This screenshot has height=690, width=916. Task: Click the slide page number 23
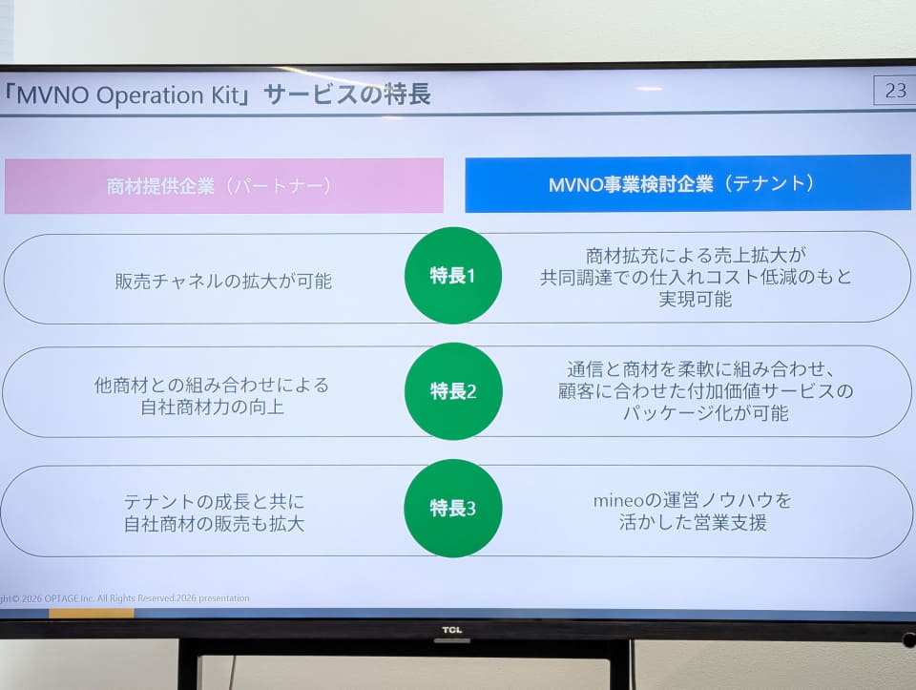pyautogui.click(x=895, y=91)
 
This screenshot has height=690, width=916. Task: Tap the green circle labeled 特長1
pyautogui.click(x=452, y=275)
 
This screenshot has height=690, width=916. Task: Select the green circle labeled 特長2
pyautogui.click(x=453, y=391)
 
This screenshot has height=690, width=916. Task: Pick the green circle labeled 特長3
pyautogui.click(x=452, y=508)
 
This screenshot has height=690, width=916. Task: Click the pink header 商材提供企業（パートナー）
pyautogui.click(x=223, y=186)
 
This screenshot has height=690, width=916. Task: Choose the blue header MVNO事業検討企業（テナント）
pyautogui.click(x=688, y=183)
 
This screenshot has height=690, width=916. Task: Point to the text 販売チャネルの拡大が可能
pyautogui.click(x=223, y=281)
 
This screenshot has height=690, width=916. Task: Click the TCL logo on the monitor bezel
pyautogui.click(x=451, y=630)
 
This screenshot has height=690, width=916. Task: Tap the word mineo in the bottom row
pyautogui.click(x=618, y=501)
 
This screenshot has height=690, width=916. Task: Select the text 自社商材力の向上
pyautogui.click(x=213, y=407)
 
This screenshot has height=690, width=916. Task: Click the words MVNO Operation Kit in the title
pyautogui.click(x=128, y=95)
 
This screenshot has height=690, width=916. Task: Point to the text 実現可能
pyautogui.click(x=696, y=299)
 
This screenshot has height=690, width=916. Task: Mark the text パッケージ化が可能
pyautogui.click(x=706, y=413)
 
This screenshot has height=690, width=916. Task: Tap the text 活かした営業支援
pyautogui.click(x=693, y=522)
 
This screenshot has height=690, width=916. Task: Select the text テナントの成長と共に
pyautogui.click(x=214, y=502)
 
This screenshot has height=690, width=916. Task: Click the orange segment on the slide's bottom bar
pyautogui.click(x=92, y=613)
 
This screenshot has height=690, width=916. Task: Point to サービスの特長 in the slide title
pyautogui.click(x=347, y=94)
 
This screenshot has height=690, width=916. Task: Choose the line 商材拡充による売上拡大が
pyautogui.click(x=696, y=256)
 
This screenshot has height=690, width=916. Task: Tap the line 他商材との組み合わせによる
pyautogui.click(x=212, y=385)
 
